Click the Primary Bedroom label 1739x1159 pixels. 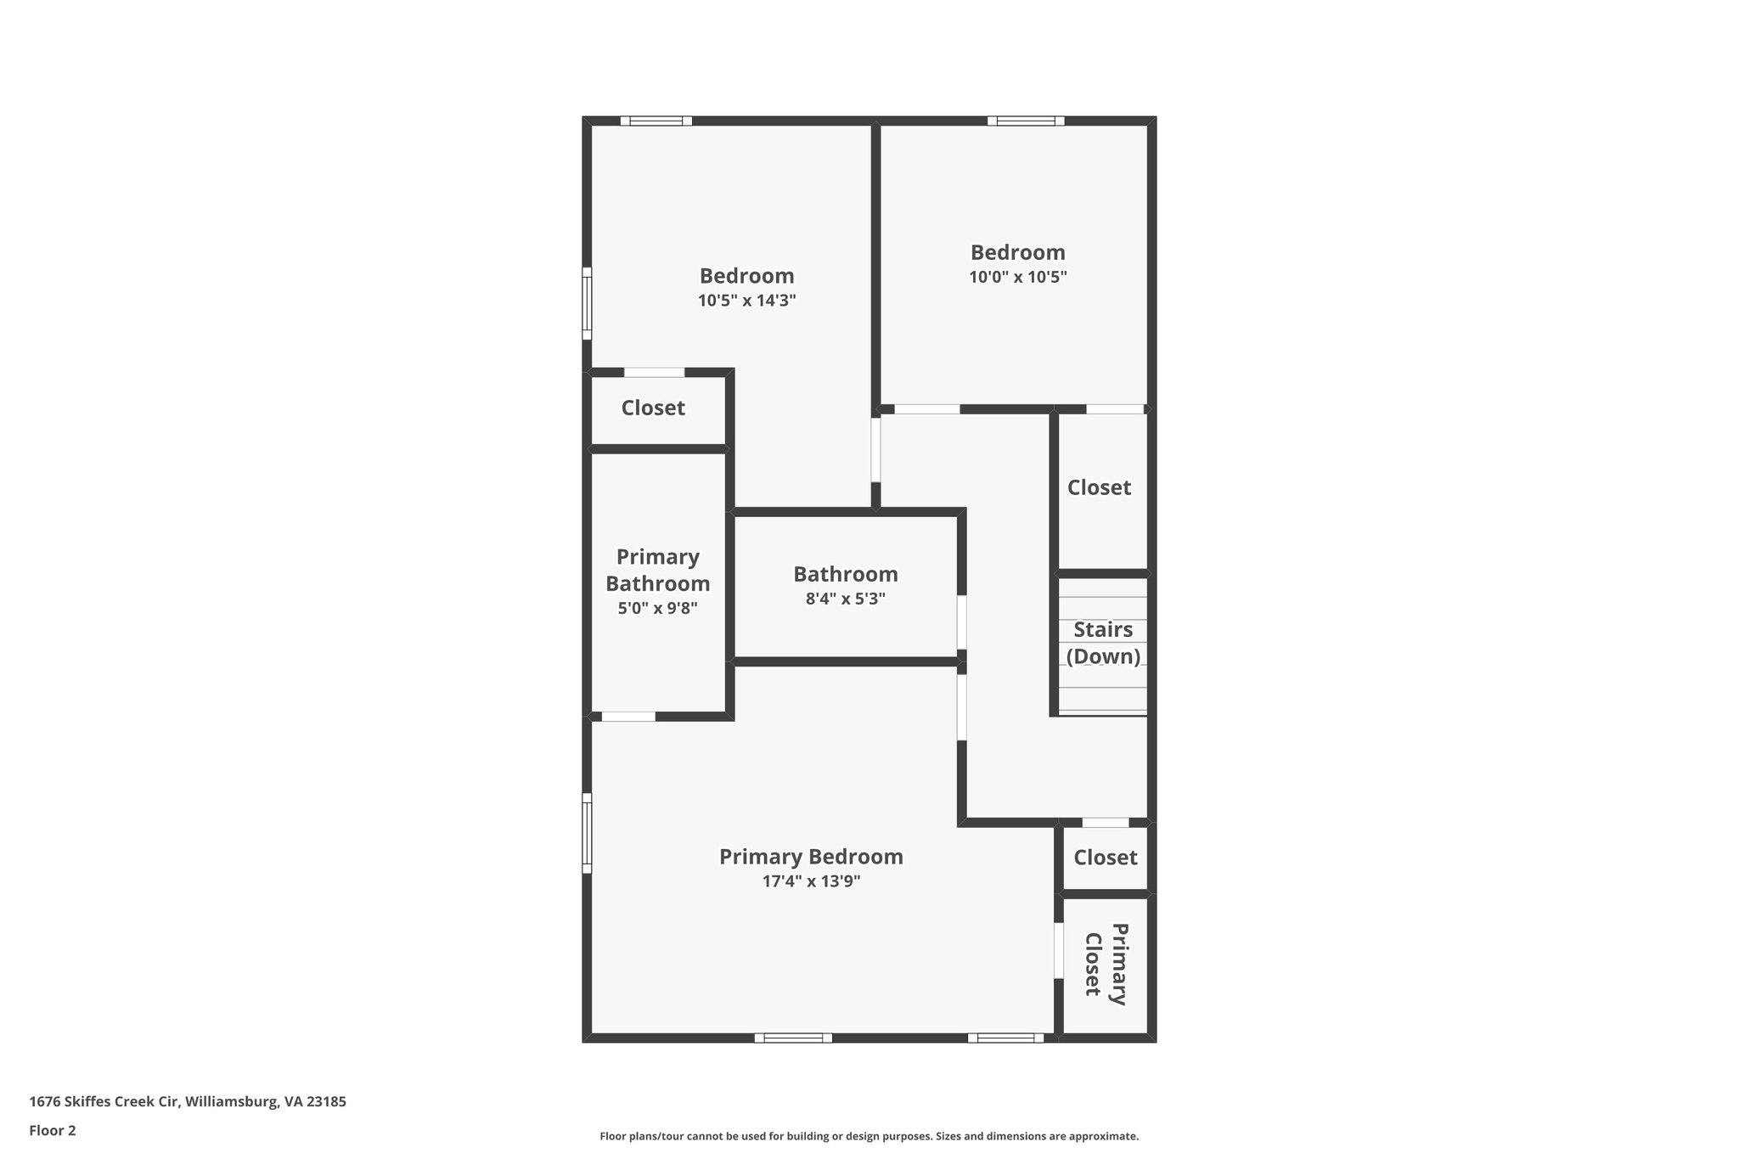(811, 857)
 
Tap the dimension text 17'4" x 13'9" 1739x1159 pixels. (811, 881)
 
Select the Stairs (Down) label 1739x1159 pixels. (1103, 643)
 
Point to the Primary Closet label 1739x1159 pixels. (1106, 964)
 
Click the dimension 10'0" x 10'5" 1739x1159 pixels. (1017, 277)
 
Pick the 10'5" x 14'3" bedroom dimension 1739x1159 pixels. (746, 301)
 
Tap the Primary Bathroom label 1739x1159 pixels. (658, 571)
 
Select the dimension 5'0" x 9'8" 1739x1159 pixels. (658, 608)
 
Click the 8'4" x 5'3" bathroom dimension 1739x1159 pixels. (845, 599)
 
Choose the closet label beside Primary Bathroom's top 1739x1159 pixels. (653, 408)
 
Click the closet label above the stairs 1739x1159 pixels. (1099, 487)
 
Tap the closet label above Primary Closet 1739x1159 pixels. (1105, 858)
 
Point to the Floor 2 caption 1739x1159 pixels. (53, 1130)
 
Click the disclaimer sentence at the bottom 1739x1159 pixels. (869, 1136)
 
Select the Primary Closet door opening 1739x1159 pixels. (1059, 950)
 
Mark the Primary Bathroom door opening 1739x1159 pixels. (628, 717)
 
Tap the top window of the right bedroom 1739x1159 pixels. (1026, 121)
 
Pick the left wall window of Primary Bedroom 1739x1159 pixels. (587, 833)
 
